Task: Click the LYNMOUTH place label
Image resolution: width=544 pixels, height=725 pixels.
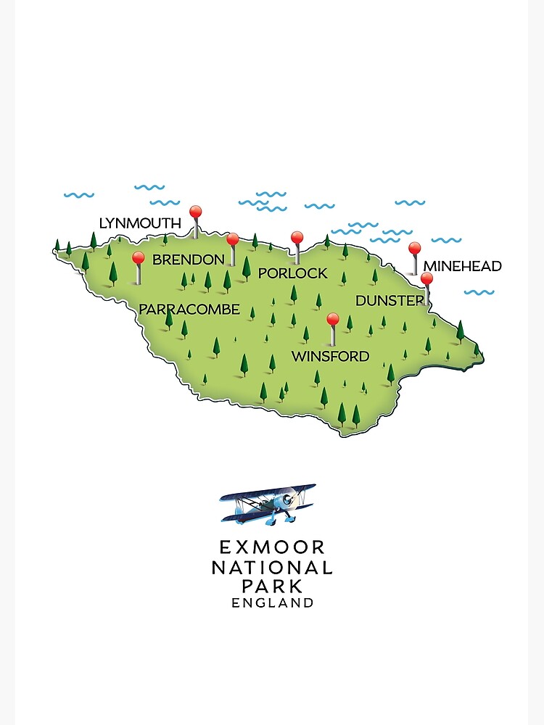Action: [x=140, y=223]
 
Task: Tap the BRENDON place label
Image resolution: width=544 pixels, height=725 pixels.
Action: [x=189, y=260]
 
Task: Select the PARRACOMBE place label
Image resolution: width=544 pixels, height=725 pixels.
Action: [x=189, y=310]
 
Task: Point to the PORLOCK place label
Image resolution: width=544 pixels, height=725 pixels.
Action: [x=292, y=273]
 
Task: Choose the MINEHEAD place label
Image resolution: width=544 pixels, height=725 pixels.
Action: [x=462, y=267]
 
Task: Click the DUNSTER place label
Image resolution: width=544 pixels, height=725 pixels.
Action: [x=389, y=300]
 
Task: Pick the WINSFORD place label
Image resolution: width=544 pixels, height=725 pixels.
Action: [x=330, y=357]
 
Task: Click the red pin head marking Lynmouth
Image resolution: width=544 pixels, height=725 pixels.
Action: [x=195, y=212]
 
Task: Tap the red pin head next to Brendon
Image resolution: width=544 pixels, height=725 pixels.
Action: [x=232, y=239]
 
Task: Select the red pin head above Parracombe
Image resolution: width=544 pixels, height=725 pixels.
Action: [x=138, y=257]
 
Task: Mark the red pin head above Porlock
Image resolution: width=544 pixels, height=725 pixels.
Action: [x=297, y=237]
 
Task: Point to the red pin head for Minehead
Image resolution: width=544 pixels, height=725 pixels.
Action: [x=414, y=248]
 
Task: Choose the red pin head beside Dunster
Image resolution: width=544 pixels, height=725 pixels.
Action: [x=426, y=278]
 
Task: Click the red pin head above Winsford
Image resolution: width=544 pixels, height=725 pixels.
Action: [x=333, y=318]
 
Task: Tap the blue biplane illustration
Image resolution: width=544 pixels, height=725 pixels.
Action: [x=268, y=503]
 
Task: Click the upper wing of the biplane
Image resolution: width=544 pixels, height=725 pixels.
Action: [x=268, y=493]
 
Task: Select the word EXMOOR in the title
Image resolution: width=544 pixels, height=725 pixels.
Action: [x=272, y=547]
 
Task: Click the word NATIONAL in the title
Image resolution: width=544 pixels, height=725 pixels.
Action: [x=272, y=568]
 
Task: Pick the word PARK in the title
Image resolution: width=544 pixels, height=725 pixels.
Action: [x=272, y=586]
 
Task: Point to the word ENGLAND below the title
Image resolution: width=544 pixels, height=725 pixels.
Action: [x=272, y=602]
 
